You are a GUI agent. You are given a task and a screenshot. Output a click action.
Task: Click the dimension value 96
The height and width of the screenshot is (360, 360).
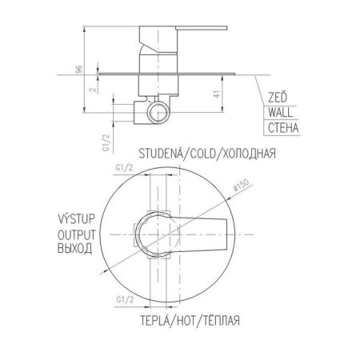pyautogui.click(x=79, y=69)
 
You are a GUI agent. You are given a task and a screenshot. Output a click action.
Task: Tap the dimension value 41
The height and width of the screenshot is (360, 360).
pyautogui.click(x=218, y=94)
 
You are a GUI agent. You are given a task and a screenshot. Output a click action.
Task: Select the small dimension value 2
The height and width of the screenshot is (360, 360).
pyautogui.click(x=93, y=89)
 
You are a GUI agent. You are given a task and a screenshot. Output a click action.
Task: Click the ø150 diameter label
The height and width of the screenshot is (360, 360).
pyautogui.click(x=241, y=184)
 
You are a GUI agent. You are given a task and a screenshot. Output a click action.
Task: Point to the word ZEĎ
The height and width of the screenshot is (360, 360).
pyautogui.click(x=278, y=98)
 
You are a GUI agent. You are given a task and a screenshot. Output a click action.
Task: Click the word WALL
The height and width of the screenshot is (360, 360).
pyautogui.click(x=280, y=112)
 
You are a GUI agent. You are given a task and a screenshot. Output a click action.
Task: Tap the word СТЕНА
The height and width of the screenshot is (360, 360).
pyautogui.click(x=283, y=128)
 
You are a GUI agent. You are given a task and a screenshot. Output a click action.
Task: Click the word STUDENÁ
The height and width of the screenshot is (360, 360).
pyautogui.click(x=161, y=154)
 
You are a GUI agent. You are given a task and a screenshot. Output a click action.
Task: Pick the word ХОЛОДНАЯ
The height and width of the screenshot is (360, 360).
pyautogui.click(x=249, y=154)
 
